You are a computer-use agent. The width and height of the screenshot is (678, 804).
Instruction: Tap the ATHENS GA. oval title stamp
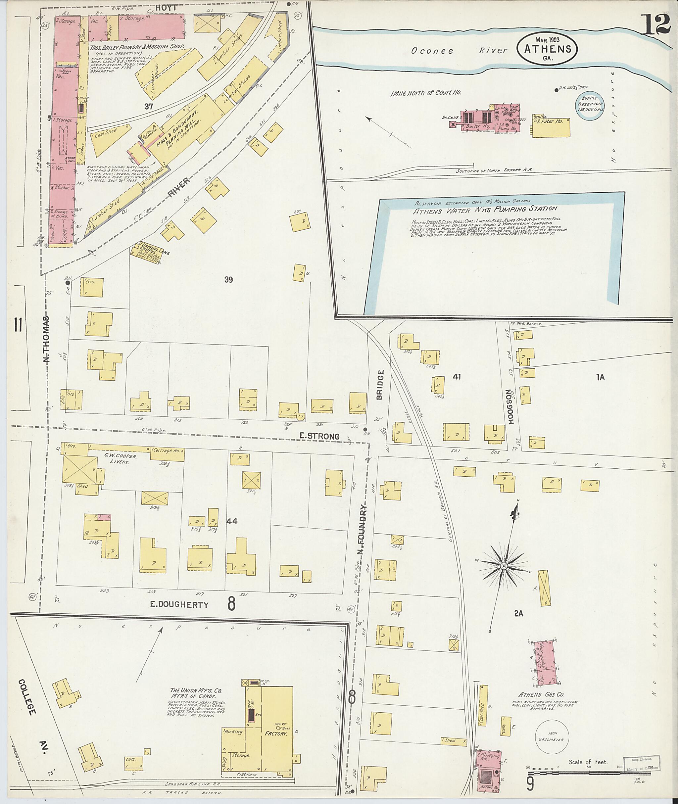coord(547,49)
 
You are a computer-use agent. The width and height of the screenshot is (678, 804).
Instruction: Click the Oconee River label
coord(459,50)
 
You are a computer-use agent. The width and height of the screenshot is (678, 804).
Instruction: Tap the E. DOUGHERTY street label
coord(179,605)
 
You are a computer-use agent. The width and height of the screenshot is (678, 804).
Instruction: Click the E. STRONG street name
coord(319,436)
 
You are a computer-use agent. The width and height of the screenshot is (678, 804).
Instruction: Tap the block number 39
coord(228,279)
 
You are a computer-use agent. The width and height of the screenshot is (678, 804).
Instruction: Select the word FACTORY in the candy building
coord(276,734)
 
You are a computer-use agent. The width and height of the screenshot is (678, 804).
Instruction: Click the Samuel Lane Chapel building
coord(146,253)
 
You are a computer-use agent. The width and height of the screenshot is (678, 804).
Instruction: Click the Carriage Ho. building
coord(167,454)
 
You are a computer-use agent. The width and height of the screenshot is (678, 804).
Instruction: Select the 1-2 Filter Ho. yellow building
coord(551,127)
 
